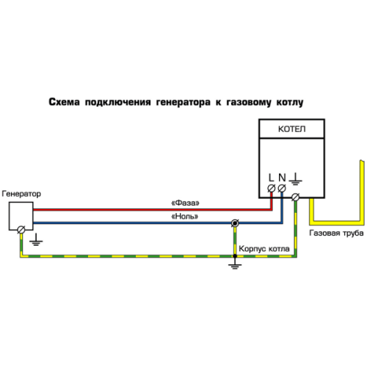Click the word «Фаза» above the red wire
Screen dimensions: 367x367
185,203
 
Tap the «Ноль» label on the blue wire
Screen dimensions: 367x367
185,217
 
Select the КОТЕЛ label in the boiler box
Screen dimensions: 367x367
291,129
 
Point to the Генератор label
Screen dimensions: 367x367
21,194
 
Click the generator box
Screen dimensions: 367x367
21,216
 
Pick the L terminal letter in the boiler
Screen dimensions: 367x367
271,178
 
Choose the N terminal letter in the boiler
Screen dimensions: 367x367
282,178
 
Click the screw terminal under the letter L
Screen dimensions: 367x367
272,189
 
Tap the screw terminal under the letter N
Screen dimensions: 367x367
282,189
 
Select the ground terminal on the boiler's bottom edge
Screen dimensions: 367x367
296,197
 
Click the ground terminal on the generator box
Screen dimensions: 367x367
21,230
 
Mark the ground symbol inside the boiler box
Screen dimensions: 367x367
296,178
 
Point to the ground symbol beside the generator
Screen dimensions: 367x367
36,239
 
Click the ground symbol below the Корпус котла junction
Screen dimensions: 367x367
235,264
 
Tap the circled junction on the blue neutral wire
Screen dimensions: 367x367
235,223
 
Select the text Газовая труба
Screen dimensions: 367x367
336,233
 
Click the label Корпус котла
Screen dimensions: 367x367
264,249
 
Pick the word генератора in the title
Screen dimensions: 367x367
183,102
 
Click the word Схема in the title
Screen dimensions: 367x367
64,102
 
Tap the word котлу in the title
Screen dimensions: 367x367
290,103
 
